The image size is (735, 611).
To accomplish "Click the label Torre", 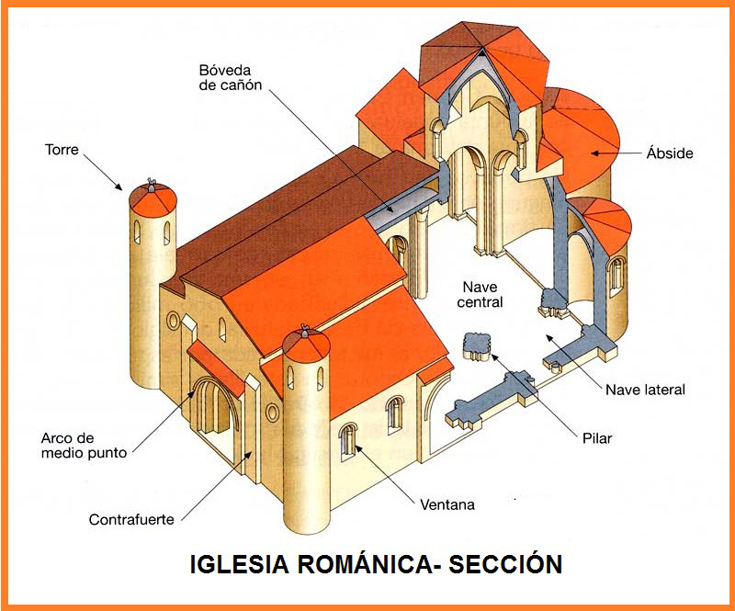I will click(62, 148).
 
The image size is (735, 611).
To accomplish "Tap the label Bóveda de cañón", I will click(231, 78).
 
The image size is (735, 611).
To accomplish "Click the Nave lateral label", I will click(645, 390).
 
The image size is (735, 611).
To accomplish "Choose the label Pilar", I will click(596, 438).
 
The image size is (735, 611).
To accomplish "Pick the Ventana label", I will click(447, 504).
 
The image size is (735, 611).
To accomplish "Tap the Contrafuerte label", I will click(131, 520).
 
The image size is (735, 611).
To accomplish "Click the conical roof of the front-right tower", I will click(306, 345).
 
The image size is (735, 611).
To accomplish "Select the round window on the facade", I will click(174, 321).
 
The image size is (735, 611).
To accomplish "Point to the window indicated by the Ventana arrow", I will click(348, 440).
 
